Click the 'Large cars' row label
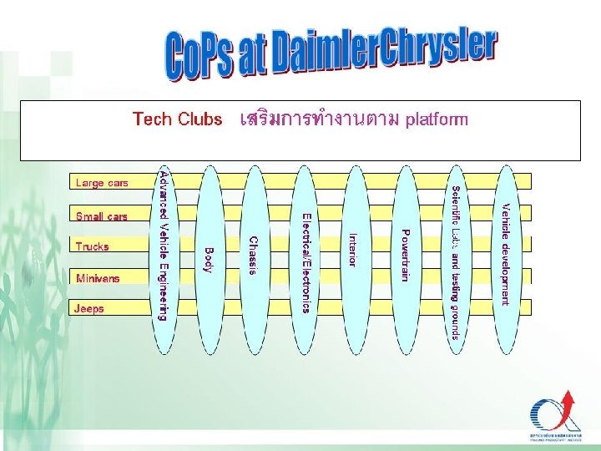point(102,183)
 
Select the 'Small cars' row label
point(102,216)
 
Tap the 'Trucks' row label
point(92,246)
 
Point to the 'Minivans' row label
point(98,277)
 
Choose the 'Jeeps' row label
point(89,308)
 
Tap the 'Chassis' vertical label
point(254,255)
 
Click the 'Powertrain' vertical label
point(405,255)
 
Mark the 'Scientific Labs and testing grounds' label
point(455,263)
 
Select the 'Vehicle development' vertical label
point(506,254)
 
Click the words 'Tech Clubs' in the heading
point(177,119)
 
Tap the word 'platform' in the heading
point(437,119)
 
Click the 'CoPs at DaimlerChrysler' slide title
point(332,57)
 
